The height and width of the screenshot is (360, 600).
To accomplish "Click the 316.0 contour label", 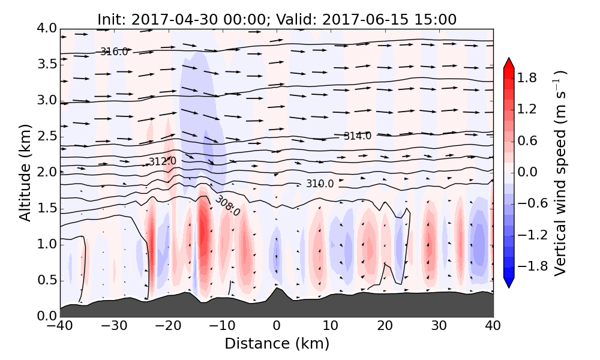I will tap(114, 52).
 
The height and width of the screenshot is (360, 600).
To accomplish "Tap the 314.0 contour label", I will tap(357, 136).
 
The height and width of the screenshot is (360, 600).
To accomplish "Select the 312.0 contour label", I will tap(162, 161).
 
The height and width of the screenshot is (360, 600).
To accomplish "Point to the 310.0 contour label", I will tap(320, 184).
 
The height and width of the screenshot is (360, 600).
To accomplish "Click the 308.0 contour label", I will tap(227, 205).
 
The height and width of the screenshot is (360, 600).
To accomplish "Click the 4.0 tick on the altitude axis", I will tap(46, 28).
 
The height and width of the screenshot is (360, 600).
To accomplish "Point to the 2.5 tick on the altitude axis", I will tap(46, 136).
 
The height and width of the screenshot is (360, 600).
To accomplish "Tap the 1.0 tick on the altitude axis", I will tap(46, 244).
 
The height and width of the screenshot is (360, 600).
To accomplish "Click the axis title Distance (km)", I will tap(277, 344).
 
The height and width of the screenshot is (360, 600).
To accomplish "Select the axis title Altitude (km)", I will tap(25, 172).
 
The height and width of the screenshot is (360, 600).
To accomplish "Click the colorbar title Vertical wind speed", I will tap(560, 173).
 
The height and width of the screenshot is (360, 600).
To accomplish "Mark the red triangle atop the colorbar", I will tap(509, 63).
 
